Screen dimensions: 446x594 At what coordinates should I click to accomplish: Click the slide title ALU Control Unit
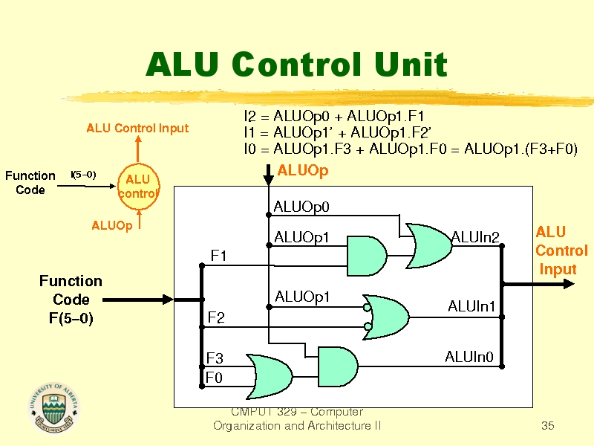296,65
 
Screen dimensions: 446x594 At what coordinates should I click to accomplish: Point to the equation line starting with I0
411,149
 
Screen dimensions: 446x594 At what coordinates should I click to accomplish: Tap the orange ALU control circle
138,187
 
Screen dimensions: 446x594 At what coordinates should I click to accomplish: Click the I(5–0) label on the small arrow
82,175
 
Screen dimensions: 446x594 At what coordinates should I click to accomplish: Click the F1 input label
218,256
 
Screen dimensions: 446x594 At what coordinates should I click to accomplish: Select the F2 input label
217,318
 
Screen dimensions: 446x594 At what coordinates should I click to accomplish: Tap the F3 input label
215,359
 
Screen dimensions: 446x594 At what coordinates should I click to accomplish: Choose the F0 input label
215,378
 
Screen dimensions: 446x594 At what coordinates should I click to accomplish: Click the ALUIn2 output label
475,237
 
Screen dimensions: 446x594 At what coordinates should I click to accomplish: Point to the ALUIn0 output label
469,358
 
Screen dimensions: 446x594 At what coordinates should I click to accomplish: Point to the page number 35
548,426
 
